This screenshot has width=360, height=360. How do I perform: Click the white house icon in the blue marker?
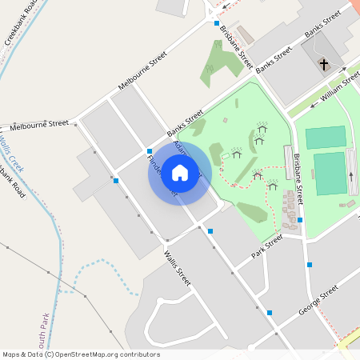tap(180, 172)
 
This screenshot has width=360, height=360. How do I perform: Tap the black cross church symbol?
tap(324, 63)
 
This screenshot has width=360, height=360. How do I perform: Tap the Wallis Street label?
tap(178, 268)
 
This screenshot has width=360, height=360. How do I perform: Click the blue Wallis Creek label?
tap(11, 151)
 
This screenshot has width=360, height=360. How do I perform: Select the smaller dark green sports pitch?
tap(326, 138)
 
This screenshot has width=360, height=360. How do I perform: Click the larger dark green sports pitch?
tap(330, 174)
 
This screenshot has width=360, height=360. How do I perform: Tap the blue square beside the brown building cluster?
tap(300, 219)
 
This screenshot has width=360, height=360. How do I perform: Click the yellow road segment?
tap(349, 341)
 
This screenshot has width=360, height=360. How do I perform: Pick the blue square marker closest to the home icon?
tap(150, 150)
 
